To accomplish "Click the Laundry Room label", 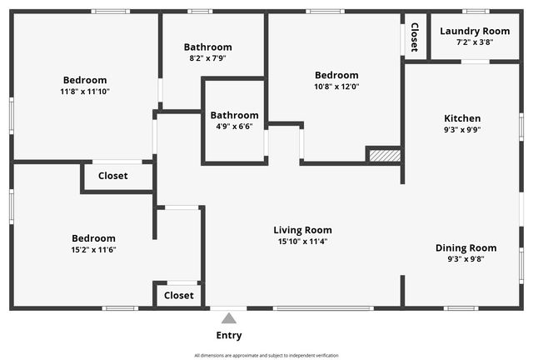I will point(475,31).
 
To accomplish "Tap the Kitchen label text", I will point(462,118).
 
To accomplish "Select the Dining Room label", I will point(466,247).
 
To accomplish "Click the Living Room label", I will point(303,230).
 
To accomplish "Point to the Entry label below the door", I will point(229,336).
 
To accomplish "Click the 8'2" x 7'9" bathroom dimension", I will point(208,58).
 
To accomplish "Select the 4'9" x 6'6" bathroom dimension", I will point(234,127).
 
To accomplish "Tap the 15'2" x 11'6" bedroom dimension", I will point(93,249).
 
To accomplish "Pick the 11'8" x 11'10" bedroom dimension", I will point(85,91).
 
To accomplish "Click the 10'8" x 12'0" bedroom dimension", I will point(336,86).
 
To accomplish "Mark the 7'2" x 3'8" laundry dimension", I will point(475,42).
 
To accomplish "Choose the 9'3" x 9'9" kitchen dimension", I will point(462,129).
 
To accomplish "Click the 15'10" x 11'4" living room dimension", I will point(303,242).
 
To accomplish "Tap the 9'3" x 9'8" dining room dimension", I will point(466,259).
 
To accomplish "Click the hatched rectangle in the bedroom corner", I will point(385,155).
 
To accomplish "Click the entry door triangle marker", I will point(228,317).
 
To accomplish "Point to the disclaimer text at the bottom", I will point(266,355).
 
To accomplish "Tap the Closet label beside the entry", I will point(179,295).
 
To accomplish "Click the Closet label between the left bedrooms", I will point(113,176).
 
